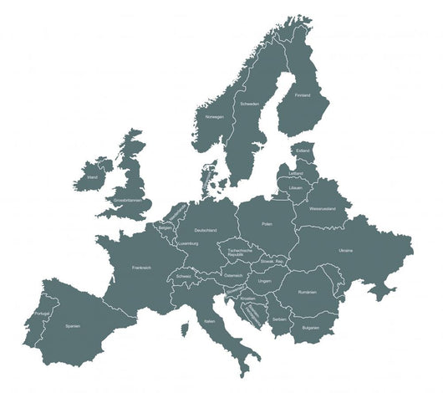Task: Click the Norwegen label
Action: point(214,116)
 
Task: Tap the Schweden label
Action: point(249,104)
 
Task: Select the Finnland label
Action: point(302,95)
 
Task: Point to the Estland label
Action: point(303,151)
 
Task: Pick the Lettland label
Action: point(296,173)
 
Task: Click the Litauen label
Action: point(295,189)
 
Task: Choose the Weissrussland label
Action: point(322,207)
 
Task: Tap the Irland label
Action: point(92,177)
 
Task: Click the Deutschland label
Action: point(205,230)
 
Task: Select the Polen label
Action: point(267,224)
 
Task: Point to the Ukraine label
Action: point(345,250)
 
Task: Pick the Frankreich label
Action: point(141,268)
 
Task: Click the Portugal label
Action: point(42,313)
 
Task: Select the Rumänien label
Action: point(307,291)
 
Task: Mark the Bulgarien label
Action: point(310,327)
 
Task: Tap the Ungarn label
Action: point(265,281)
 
